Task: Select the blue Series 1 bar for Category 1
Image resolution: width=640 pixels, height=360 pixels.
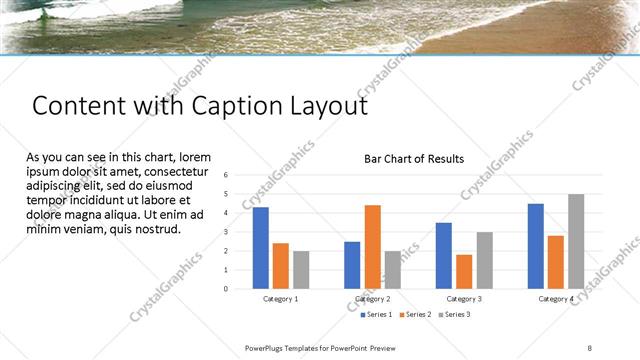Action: (261, 247)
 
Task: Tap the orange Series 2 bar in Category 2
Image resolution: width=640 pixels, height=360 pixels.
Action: (372, 246)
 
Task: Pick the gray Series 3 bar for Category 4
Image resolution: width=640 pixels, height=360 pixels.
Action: (575, 241)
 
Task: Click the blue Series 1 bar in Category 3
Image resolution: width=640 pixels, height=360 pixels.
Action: (444, 255)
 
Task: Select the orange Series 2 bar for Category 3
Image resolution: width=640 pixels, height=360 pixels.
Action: (463, 271)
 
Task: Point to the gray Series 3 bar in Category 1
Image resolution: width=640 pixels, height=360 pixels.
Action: (300, 269)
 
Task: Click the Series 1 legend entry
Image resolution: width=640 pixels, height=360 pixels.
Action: (377, 314)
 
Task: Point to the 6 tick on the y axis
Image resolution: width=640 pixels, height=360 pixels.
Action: (226, 175)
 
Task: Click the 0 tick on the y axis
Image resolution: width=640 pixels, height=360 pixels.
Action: (226, 289)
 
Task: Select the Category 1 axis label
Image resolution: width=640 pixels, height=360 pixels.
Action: (280, 299)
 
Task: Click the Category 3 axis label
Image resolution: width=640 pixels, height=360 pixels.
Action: (464, 299)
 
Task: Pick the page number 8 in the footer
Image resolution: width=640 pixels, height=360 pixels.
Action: (591, 346)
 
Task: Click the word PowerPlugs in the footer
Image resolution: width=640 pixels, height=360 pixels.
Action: (267, 346)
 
